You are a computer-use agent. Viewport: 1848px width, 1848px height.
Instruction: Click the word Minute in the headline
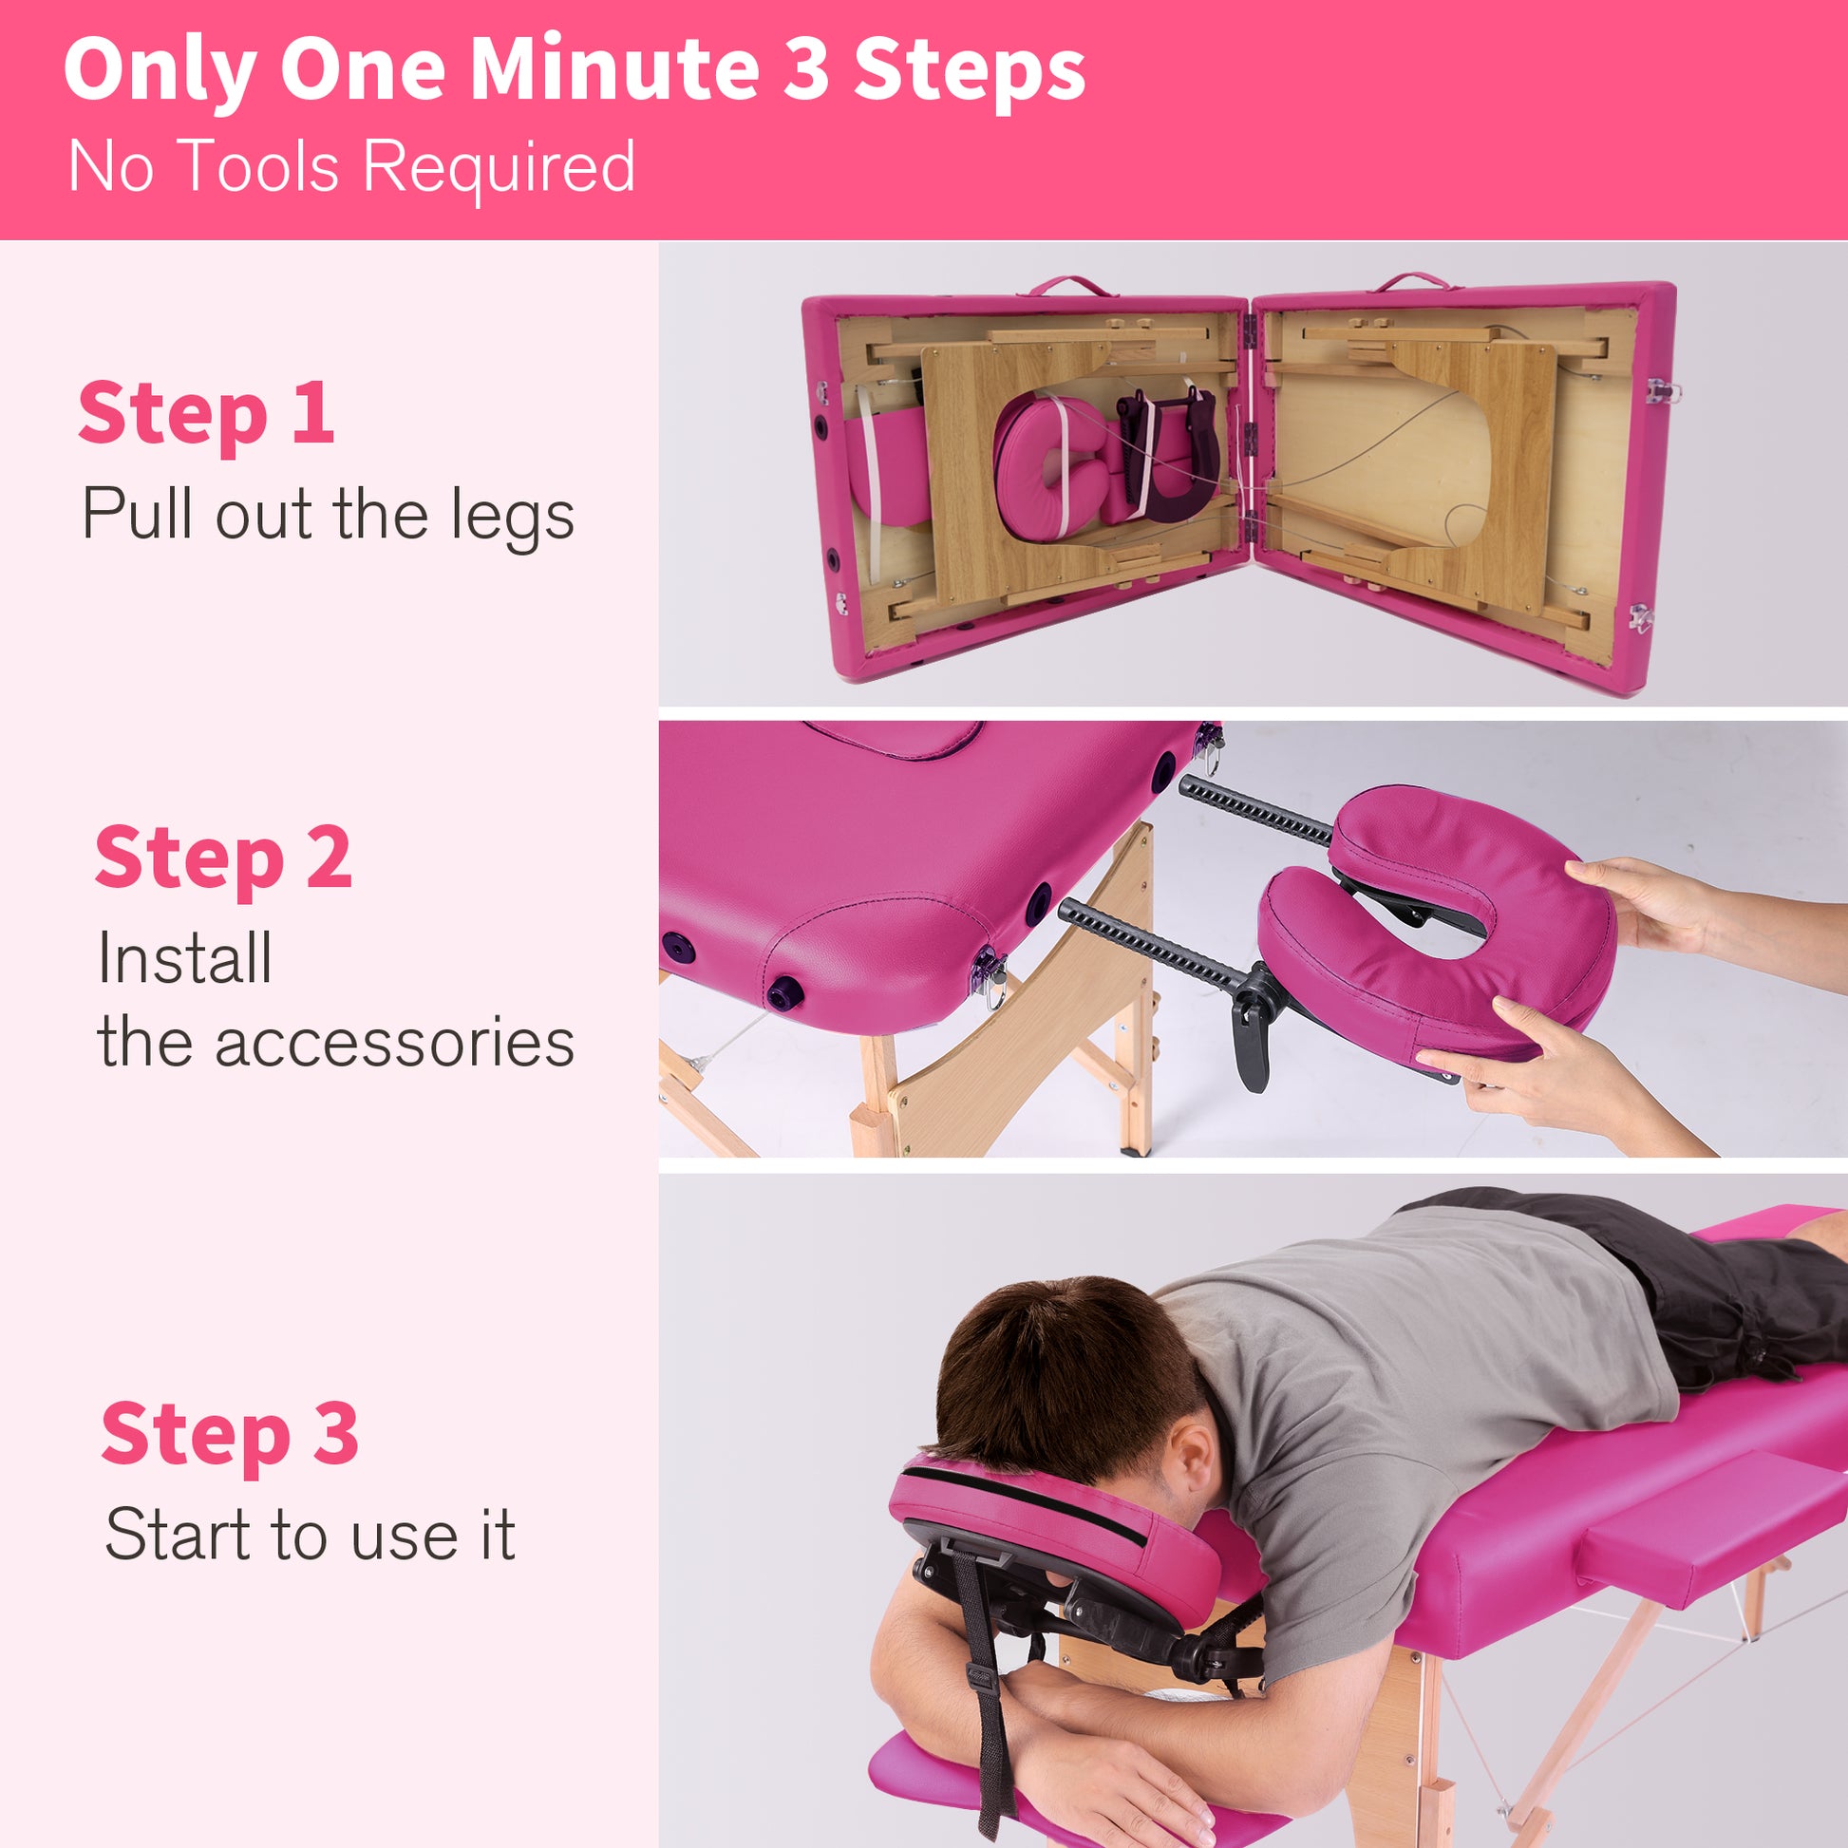pos(614,71)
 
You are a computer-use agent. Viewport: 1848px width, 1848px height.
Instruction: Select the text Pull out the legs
pos(328,515)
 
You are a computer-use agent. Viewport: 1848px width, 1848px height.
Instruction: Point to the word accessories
pos(394,1042)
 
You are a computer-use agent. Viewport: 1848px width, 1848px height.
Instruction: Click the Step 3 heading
pos(230,1433)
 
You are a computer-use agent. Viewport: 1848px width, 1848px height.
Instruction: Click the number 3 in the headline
pos(805,71)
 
